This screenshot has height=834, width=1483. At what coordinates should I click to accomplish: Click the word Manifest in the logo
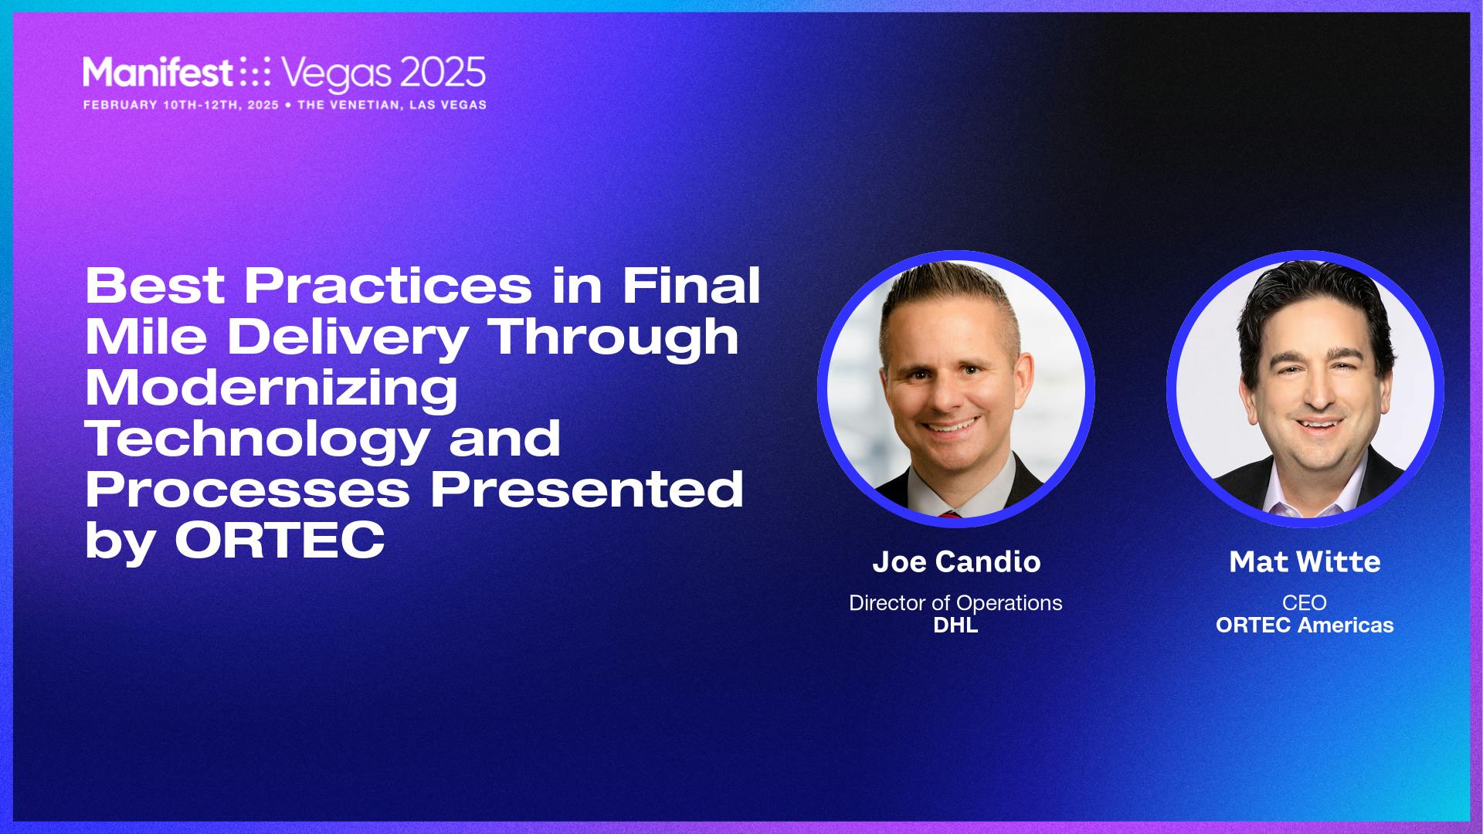click(158, 73)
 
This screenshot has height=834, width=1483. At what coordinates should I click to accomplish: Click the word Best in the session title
click(155, 285)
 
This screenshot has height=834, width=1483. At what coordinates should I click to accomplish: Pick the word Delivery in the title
click(348, 337)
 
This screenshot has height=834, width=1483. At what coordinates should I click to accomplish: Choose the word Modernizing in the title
click(271, 388)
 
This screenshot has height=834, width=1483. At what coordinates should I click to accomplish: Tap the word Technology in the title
click(257, 438)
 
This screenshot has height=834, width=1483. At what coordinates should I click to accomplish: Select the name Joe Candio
click(956, 561)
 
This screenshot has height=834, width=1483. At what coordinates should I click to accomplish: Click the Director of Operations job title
click(955, 602)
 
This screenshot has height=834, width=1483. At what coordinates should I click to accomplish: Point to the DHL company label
click(955, 625)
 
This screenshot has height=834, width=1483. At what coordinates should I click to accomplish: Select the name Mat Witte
click(1305, 561)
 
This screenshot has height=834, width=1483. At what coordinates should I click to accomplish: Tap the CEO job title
click(1305, 602)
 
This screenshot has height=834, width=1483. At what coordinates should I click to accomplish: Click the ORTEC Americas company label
click(1305, 625)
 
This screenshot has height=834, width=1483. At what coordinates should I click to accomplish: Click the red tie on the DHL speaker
click(950, 514)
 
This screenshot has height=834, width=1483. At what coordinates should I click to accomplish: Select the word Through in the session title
click(614, 337)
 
